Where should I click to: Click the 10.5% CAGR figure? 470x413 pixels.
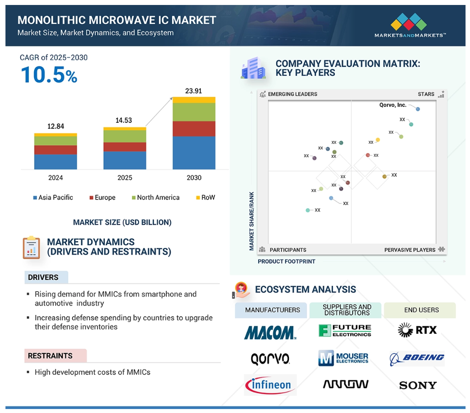(x=49, y=75)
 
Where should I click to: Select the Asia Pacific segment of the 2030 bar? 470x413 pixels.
(x=194, y=153)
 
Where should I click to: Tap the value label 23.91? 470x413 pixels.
(x=193, y=91)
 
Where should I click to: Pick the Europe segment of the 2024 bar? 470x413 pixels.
(x=55, y=150)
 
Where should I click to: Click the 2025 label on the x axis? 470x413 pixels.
(x=125, y=178)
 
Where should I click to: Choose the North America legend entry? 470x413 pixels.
(x=155, y=198)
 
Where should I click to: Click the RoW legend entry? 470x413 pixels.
(x=206, y=198)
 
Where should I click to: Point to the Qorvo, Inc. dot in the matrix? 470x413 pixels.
(x=418, y=109)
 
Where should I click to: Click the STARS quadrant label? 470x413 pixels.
(x=426, y=94)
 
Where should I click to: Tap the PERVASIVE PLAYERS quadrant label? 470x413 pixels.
(x=410, y=250)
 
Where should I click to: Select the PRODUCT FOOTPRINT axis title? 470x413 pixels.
(x=286, y=261)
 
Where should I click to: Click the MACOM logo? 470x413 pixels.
(x=270, y=333)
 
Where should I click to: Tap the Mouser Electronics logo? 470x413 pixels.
(x=343, y=358)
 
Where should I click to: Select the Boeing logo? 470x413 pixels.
(x=417, y=359)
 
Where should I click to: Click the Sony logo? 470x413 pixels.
(x=418, y=385)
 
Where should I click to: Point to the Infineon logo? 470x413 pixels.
(x=270, y=385)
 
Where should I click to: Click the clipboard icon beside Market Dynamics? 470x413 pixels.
(x=31, y=248)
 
